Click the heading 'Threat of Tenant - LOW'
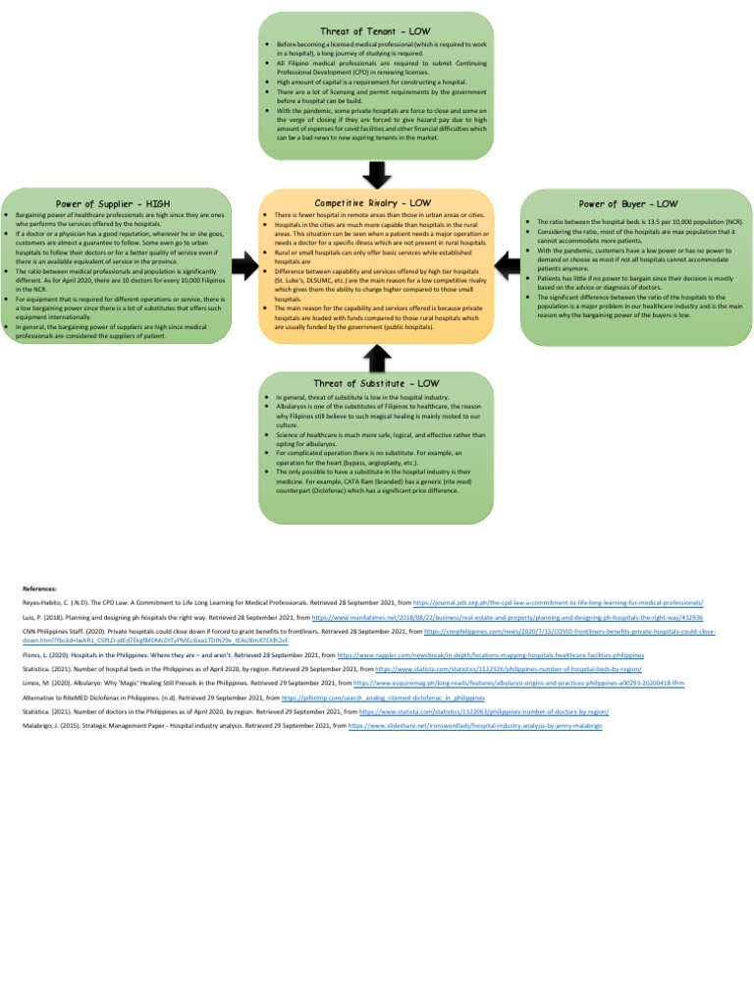pyautogui.click(x=377, y=32)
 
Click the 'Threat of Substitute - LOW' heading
pyautogui.click(x=377, y=383)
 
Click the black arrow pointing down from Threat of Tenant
pyautogui.click(x=377, y=173)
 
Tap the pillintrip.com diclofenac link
pyautogui.click(x=383, y=698)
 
